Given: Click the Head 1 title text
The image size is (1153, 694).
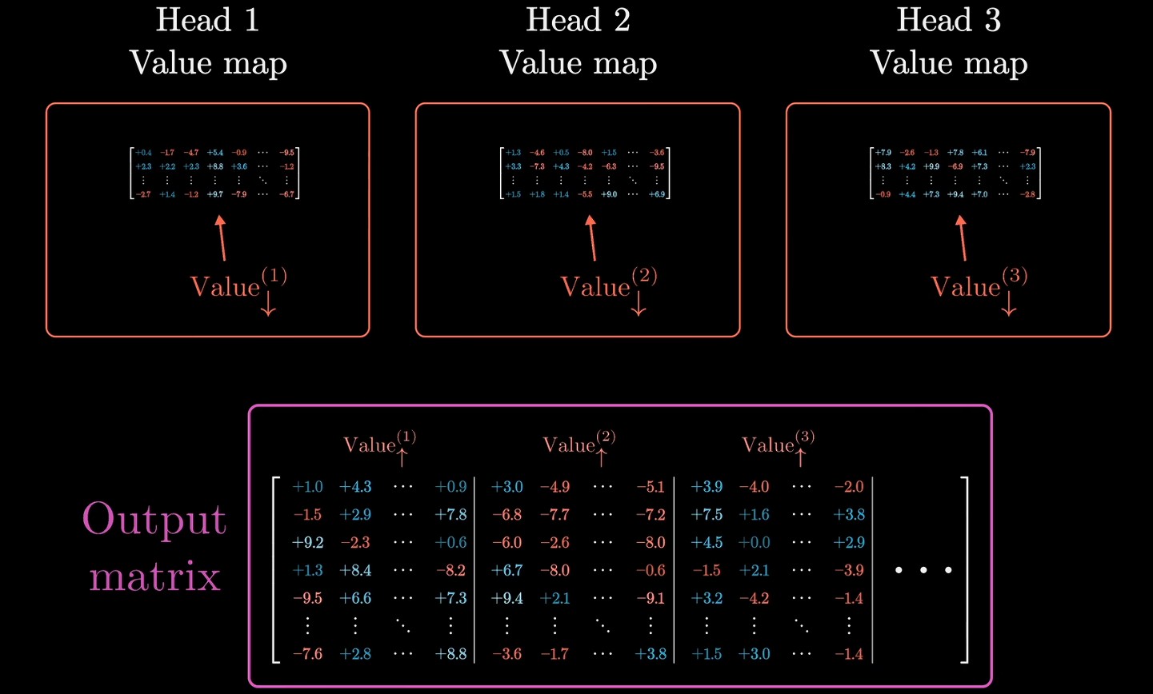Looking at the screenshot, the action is [x=208, y=20].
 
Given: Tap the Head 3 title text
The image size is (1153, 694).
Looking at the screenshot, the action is [x=949, y=20].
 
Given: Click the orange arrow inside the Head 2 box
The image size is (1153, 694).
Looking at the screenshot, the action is [x=592, y=237].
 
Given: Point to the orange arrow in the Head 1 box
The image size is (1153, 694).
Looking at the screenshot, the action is [x=222, y=237].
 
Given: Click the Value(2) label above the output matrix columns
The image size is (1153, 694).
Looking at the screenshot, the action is [x=579, y=445].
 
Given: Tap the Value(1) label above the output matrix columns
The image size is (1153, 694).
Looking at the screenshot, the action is [x=379, y=445].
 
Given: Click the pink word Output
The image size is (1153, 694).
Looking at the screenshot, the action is [x=154, y=520].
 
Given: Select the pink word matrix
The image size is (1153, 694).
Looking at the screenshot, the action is [x=154, y=576].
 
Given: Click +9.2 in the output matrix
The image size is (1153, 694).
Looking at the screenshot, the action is [x=307, y=543].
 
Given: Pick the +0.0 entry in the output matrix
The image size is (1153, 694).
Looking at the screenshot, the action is [x=754, y=543].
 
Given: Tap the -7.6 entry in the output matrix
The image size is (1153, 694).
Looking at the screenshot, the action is [x=307, y=654].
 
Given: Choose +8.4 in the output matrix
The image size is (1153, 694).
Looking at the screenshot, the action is [x=355, y=571].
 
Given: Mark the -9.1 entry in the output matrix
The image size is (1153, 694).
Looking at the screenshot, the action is [x=651, y=599].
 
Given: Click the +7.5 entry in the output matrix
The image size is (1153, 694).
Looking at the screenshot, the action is [x=707, y=515].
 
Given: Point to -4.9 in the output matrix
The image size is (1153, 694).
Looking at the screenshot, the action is [x=554, y=487].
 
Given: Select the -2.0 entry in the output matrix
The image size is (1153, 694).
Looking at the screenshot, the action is [x=849, y=487].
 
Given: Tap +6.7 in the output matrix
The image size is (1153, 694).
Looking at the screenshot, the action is [x=506, y=571].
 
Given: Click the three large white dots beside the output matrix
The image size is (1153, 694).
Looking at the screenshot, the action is [x=923, y=571].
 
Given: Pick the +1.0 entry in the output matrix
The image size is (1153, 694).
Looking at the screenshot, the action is [x=307, y=487].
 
